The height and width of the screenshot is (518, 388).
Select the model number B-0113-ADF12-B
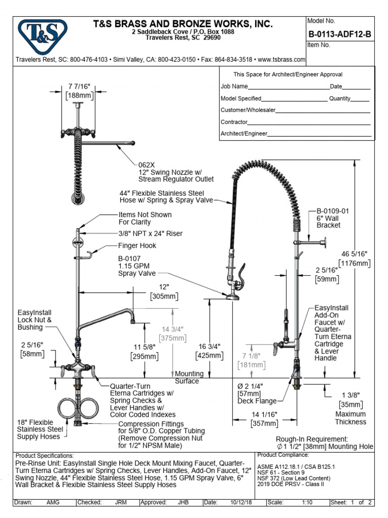339,34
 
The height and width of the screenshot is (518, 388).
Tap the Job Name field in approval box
234,87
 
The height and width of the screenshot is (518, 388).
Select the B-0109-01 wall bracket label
332,210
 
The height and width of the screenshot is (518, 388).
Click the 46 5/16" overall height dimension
354,254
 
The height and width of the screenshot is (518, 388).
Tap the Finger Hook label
137,246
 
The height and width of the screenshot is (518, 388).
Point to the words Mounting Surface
188,377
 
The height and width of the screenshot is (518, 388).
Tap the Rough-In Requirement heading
312,439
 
